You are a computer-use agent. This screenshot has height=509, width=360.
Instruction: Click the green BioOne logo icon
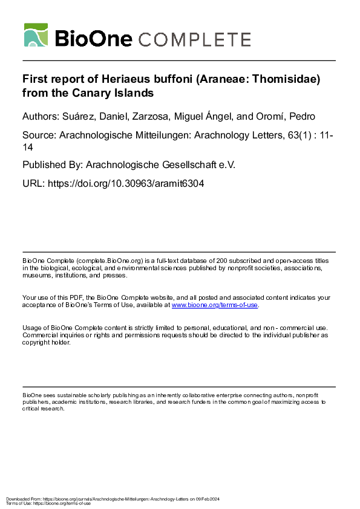(x=36, y=35)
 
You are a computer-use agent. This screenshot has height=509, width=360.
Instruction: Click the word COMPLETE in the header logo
(x=195, y=39)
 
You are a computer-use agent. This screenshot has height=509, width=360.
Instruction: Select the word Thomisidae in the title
(x=281, y=79)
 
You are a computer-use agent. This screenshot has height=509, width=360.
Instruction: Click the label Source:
(x=39, y=136)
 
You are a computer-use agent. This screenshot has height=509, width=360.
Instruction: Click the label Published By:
(x=53, y=164)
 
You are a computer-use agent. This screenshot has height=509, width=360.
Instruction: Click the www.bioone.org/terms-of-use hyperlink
(x=215, y=305)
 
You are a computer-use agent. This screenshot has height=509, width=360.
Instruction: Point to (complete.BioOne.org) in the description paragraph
(x=105, y=260)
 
